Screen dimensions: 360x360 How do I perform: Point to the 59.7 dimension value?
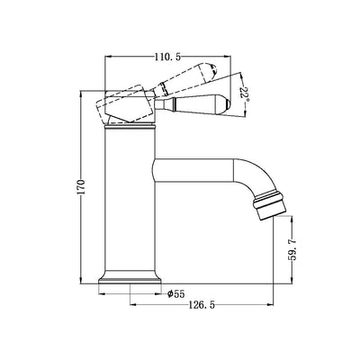tap(292, 246)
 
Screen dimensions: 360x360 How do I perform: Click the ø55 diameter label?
tap(176, 292)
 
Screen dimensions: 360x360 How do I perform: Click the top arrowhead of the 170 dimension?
tap(84, 92)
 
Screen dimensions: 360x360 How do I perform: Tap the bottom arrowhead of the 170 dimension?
tap(84, 282)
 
